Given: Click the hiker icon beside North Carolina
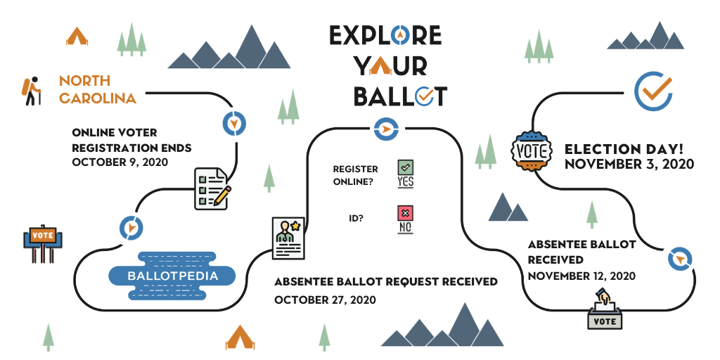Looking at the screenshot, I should pyautogui.click(x=30, y=91).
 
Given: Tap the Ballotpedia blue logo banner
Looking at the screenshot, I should pyautogui.click(x=172, y=276).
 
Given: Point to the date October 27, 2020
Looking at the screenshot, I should pyautogui.click(x=325, y=300).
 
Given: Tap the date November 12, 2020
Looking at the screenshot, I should pyautogui.click(x=581, y=276).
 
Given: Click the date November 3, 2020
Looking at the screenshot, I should pyautogui.click(x=629, y=165).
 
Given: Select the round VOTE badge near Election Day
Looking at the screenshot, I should pyautogui.click(x=532, y=150).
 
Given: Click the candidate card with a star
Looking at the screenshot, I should pyautogui.click(x=288, y=238).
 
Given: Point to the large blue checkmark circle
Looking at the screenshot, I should pyautogui.click(x=653, y=91).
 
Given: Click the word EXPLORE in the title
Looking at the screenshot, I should pyautogui.click(x=385, y=35).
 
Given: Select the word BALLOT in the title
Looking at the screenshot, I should pyautogui.click(x=399, y=96).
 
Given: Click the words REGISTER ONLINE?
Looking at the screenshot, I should pyautogui.click(x=355, y=175).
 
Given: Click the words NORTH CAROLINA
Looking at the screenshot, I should pyautogui.click(x=97, y=89).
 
